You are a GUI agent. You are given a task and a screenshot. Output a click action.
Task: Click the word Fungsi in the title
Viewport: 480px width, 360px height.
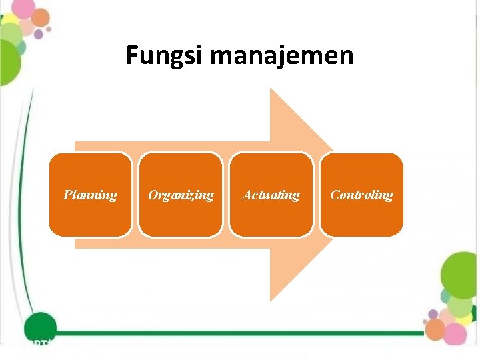tap(164, 55)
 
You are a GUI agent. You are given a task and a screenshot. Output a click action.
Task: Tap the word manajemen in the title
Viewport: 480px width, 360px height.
tap(281, 55)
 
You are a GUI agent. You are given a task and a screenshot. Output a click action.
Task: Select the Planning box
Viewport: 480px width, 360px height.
tap(90, 195)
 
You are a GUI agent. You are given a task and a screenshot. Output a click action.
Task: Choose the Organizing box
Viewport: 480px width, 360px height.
tap(181, 195)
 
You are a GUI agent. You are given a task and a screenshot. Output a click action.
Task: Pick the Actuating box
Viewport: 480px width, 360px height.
tap(271, 195)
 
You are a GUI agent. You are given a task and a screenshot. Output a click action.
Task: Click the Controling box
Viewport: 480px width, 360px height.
tap(361, 195)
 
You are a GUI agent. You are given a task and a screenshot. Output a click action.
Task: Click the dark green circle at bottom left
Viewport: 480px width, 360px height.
tap(39, 327)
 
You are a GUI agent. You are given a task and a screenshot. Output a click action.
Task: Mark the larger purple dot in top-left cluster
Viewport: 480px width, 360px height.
tap(39, 34)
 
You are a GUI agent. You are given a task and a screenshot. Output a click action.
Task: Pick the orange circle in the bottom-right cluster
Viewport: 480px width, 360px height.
tap(435, 327)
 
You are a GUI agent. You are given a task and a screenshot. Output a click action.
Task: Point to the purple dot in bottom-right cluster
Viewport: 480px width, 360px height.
tap(433, 314)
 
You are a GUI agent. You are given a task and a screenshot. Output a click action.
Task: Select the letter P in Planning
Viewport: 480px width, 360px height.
tap(68, 195)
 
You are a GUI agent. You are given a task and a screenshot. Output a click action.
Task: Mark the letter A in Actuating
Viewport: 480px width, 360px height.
tap(247, 195)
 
